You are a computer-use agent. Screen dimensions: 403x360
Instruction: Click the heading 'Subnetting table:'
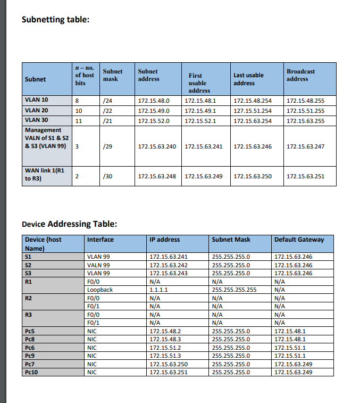tap(55, 20)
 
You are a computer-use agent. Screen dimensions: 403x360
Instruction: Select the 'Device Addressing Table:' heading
tap(69, 224)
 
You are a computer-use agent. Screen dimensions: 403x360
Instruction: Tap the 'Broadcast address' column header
tap(300, 75)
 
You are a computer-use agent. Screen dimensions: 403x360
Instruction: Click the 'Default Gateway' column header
tap(299, 240)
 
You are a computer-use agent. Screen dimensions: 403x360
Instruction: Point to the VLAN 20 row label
tap(37, 110)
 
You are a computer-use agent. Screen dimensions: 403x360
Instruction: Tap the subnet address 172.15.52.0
tap(154, 121)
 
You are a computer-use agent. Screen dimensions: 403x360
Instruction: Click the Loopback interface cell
tap(100, 290)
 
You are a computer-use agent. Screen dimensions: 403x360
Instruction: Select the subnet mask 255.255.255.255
tap(235, 290)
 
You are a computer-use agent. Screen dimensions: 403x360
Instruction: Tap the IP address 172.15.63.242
tap(169, 265)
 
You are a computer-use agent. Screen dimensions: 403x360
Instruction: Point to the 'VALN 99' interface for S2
tap(98, 265)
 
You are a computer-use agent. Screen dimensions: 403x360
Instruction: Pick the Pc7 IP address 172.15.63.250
tap(169, 364)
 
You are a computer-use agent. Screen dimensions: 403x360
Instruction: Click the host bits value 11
tap(78, 121)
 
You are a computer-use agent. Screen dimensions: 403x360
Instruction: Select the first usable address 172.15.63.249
tap(204, 176)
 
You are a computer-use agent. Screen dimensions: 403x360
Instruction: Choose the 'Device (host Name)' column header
tap(43, 244)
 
